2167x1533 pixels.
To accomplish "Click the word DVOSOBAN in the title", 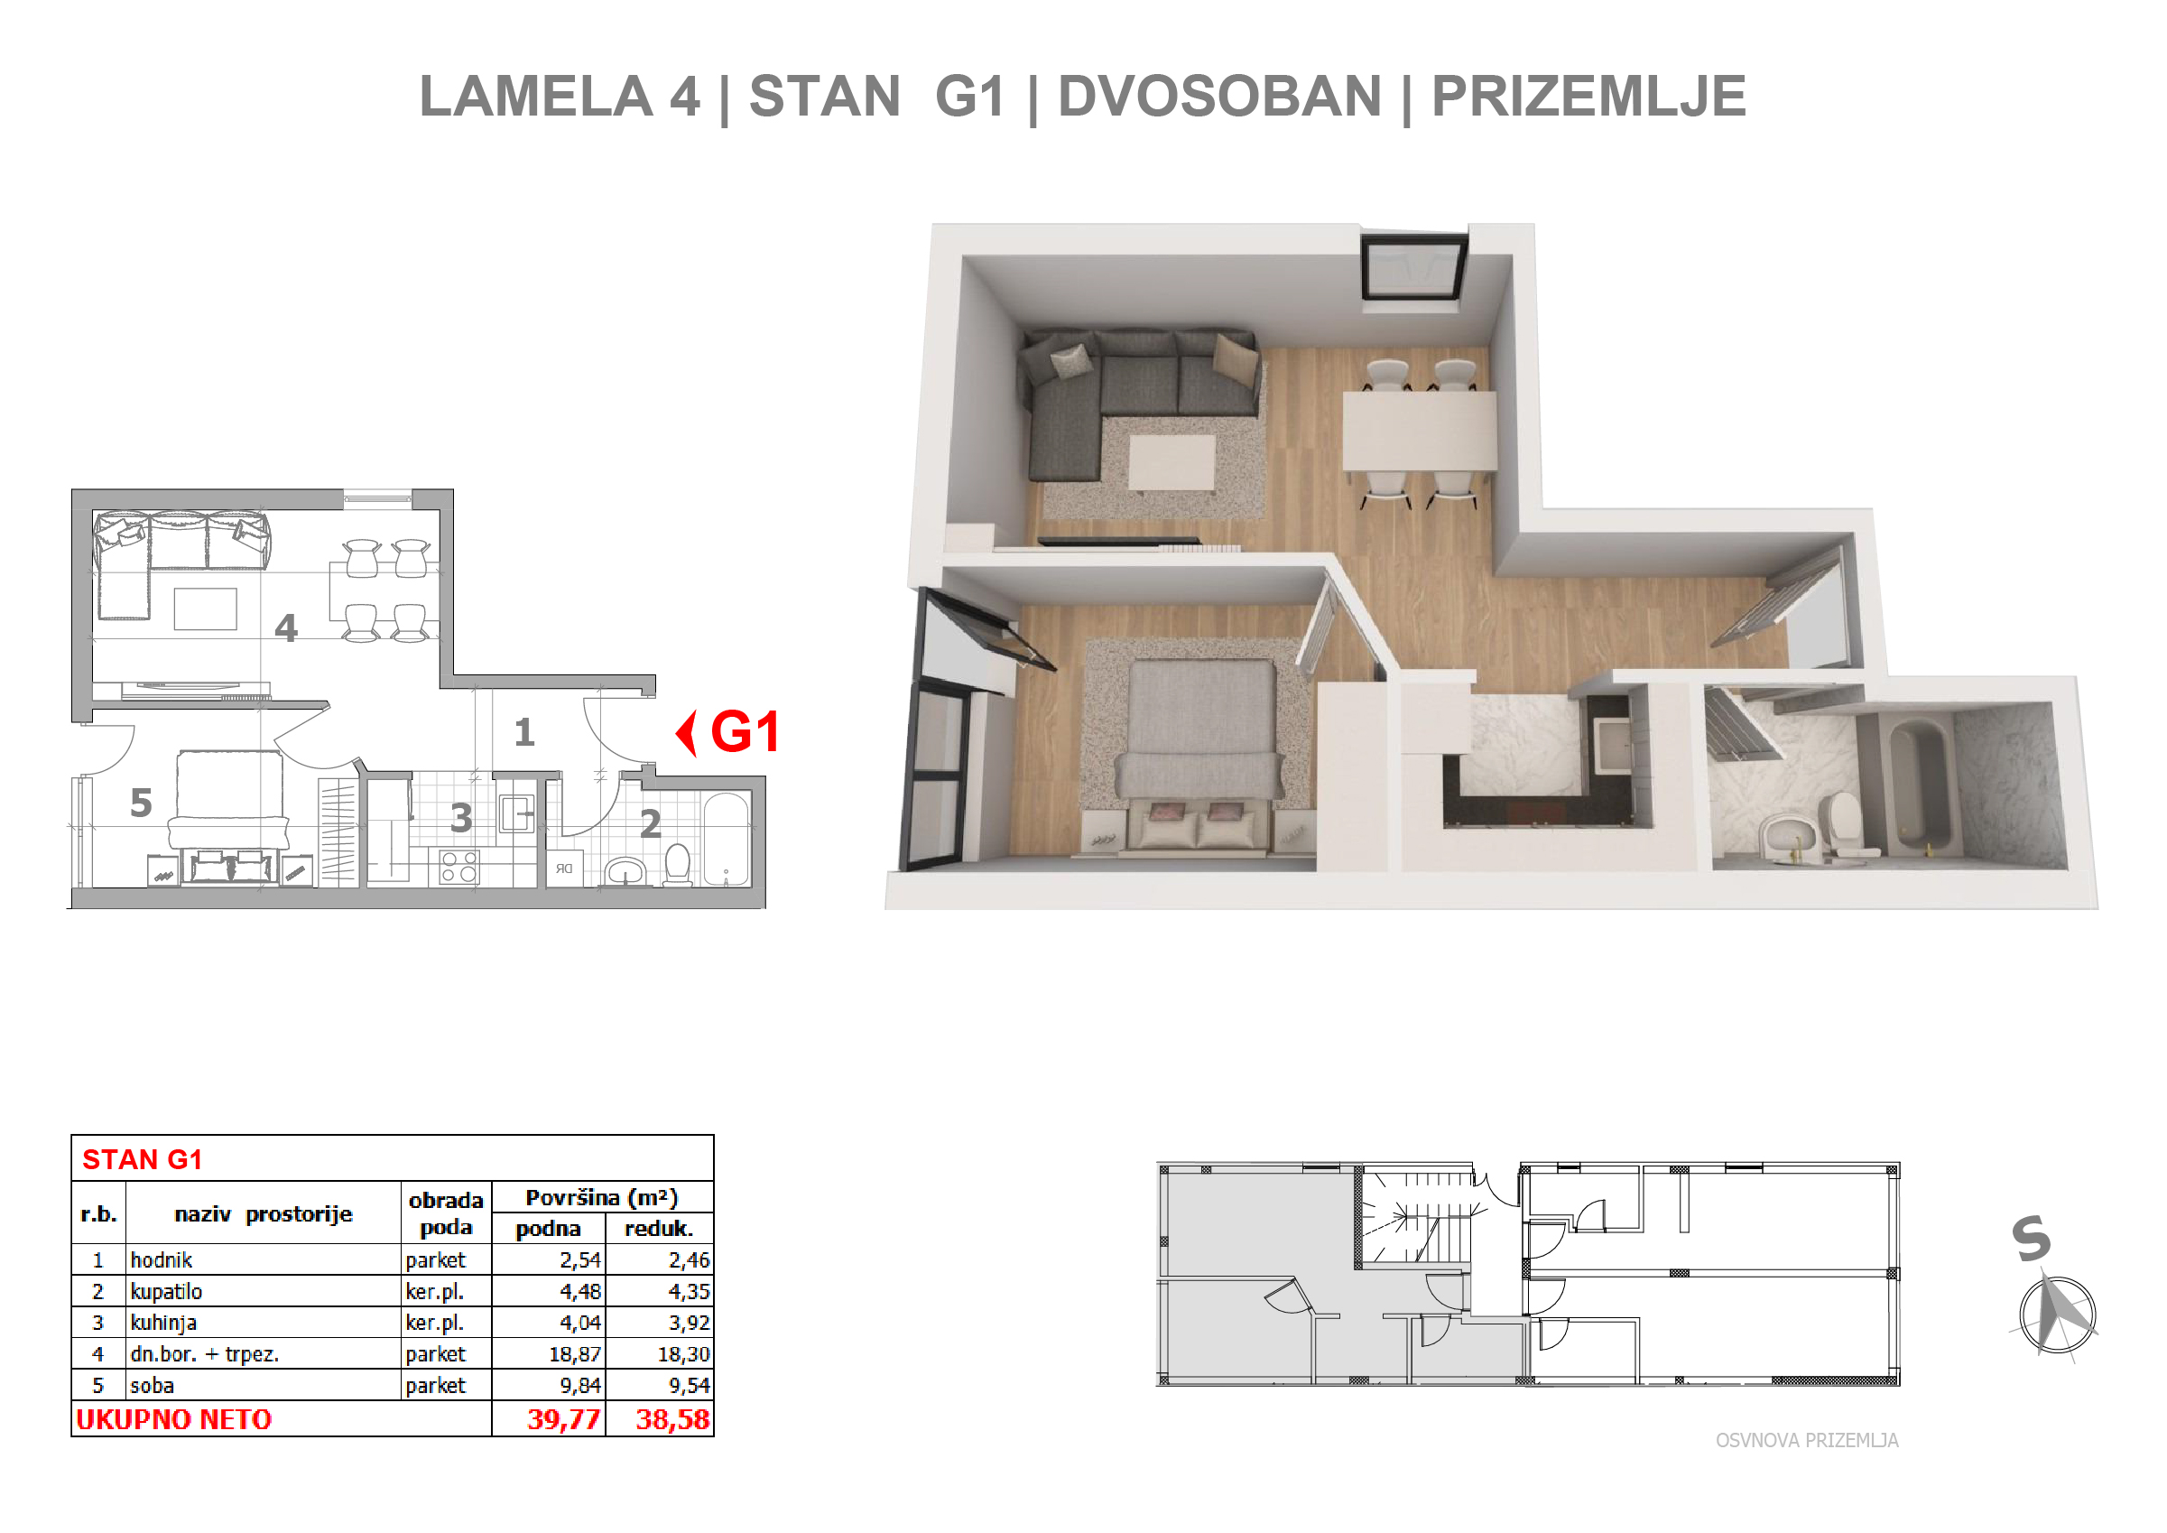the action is (x=1219, y=97).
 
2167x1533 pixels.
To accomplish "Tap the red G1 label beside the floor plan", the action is (x=745, y=731).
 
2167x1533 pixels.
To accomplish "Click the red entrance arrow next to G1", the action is (x=686, y=733).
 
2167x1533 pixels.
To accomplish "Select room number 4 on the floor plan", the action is (x=286, y=627).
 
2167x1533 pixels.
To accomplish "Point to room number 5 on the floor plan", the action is (x=141, y=804).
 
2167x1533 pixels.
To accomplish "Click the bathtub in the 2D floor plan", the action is (x=727, y=841).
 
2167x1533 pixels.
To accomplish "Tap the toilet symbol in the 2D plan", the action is (x=678, y=864).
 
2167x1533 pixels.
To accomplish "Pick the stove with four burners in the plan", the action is (x=459, y=867).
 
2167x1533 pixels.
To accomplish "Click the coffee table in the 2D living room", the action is (x=206, y=609).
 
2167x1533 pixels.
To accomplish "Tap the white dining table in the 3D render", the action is (x=1420, y=431).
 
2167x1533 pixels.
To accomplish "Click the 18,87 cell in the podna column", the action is (x=575, y=1354).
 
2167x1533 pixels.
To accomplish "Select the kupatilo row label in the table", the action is (x=166, y=1292).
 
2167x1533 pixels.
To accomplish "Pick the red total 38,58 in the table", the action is (x=672, y=1420).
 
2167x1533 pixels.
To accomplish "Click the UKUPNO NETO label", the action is (x=174, y=1420).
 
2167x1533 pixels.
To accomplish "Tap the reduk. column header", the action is (x=659, y=1229).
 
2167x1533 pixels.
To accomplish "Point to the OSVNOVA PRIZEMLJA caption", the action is (x=1808, y=1441).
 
